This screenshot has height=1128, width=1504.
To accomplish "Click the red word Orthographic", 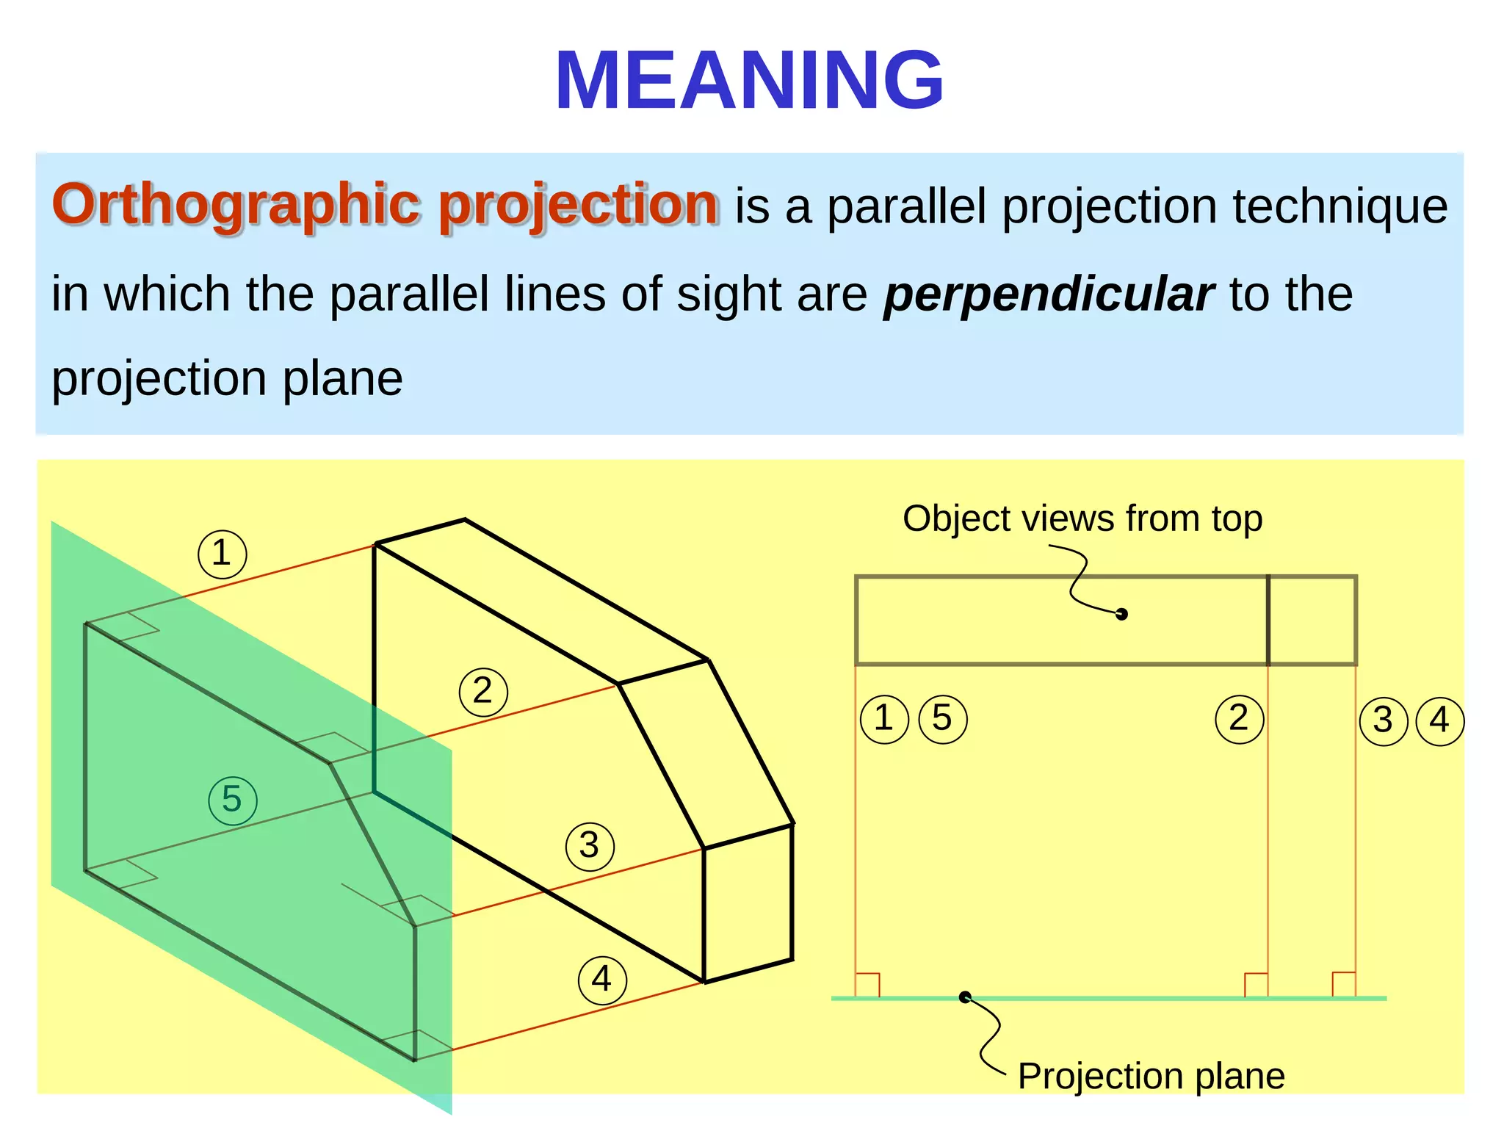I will click(x=236, y=204).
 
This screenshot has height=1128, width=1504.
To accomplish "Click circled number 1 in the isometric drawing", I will click(x=222, y=554).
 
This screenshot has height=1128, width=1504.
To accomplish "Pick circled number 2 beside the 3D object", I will click(x=482, y=692).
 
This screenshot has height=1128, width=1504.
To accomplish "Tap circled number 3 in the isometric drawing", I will click(x=589, y=847).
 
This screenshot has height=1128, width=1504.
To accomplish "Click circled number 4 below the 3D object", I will click(x=601, y=980).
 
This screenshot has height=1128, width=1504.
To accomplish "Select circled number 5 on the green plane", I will click(x=232, y=800).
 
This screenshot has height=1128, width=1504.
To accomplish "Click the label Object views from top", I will click(x=1082, y=518).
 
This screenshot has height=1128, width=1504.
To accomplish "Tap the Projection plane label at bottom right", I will click(x=1151, y=1077).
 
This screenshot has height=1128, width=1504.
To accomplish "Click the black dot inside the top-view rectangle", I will click(x=1121, y=614).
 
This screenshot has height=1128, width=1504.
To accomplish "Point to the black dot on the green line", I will click(x=965, y=997).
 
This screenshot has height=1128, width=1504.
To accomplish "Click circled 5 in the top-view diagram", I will click(x=942, y=719).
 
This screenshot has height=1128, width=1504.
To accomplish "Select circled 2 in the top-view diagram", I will click(x=1239, y=719).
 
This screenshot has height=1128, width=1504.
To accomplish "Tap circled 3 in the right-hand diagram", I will click(x=1383, y=721).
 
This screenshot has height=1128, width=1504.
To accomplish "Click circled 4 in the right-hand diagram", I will click(x=1439, y=721).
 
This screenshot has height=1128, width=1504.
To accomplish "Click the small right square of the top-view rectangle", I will click(x=1312, y=621).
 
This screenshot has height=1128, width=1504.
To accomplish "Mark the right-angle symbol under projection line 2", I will click(x=1256, y=985).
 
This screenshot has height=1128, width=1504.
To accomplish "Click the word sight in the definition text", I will click(x=708, y=294).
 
